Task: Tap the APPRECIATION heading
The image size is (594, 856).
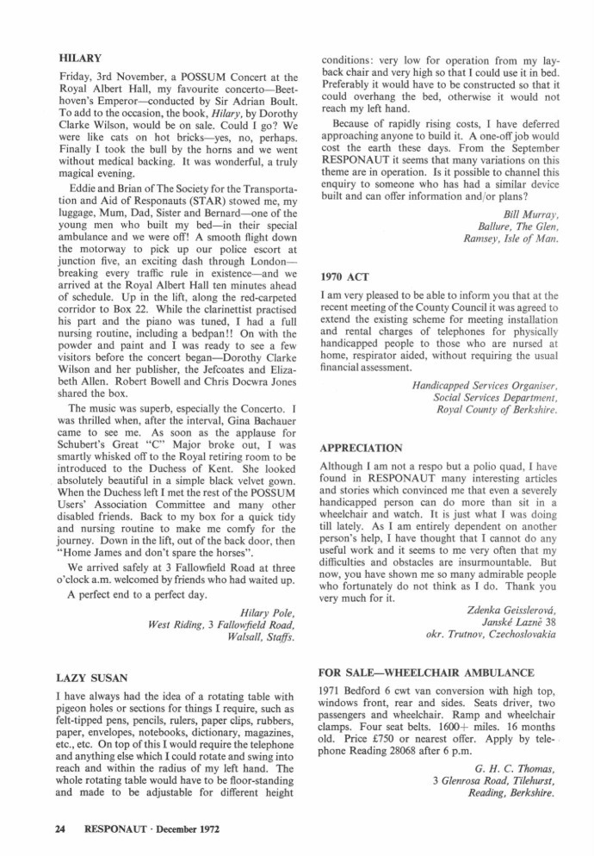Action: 361,449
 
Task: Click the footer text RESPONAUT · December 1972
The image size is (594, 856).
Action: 152,829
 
